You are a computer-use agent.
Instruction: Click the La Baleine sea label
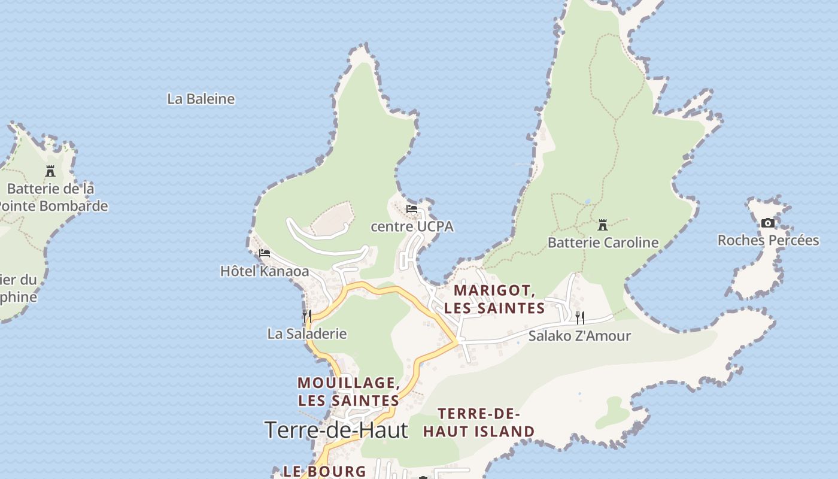(201, 99)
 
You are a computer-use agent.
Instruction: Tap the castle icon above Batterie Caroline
(603, 226)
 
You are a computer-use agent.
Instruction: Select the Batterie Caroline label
(603, 242)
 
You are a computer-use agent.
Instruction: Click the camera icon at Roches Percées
(767, 223)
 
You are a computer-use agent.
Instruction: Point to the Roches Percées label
(768, 240)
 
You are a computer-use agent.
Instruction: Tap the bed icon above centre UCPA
(412, 209)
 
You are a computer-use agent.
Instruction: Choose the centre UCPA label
(412, 226)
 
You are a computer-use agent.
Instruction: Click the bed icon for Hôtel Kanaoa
(265, 253)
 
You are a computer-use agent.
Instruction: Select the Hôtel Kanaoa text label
(265, 271)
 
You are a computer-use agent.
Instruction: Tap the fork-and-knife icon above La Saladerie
(307, 316)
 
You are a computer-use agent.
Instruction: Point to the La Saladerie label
(306, 334)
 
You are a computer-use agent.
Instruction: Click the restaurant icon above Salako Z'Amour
(579, 317)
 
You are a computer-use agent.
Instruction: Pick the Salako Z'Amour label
(579, 336)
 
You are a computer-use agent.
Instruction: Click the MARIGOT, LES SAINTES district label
(494, 299)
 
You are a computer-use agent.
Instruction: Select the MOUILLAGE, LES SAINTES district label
(348, 391)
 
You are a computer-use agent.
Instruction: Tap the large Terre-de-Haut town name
(336, 430)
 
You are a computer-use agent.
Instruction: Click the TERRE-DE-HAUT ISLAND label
(479, 422)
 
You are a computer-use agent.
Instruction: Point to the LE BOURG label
(324, 471)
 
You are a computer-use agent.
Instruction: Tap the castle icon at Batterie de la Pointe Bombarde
(50, 171)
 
